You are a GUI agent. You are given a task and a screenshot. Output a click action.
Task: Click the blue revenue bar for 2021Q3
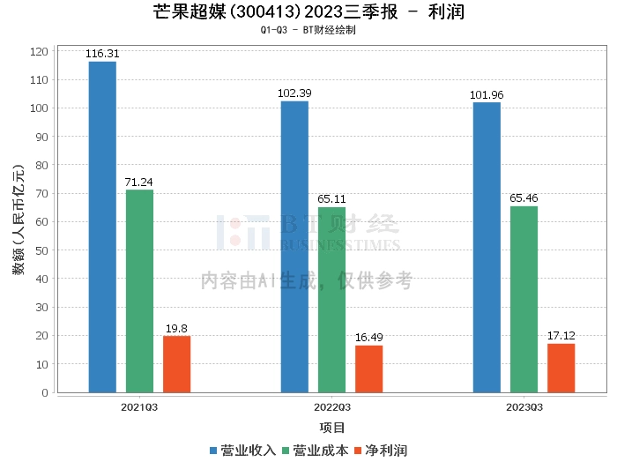coord(102,227)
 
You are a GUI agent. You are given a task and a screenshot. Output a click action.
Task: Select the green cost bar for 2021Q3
coord(139,291)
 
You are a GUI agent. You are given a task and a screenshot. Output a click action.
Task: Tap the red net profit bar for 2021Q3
coord(176,364)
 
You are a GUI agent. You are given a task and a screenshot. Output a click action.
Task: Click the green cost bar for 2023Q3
coord(524,299)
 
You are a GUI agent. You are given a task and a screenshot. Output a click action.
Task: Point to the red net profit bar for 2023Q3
coord(561,368)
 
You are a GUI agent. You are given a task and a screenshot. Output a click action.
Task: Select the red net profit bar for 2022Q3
coord(368,369)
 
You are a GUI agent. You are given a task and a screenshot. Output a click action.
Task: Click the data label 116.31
coord(102,54)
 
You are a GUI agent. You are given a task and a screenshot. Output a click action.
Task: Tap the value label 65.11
coord(331,199)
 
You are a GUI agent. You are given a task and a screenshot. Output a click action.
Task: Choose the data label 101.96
coord(487,95)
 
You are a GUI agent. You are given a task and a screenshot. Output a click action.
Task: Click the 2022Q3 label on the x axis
coord(331,407)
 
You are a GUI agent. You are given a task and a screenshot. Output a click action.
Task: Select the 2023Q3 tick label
coord(524,407)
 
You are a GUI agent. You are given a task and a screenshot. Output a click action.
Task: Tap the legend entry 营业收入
coord(242,451)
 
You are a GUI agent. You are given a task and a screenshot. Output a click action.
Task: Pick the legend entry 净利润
coord(380,451)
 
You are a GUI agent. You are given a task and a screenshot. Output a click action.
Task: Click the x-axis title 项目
coord(331,428)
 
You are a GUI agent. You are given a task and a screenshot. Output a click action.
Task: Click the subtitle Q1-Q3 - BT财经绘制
coord(308,30)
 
